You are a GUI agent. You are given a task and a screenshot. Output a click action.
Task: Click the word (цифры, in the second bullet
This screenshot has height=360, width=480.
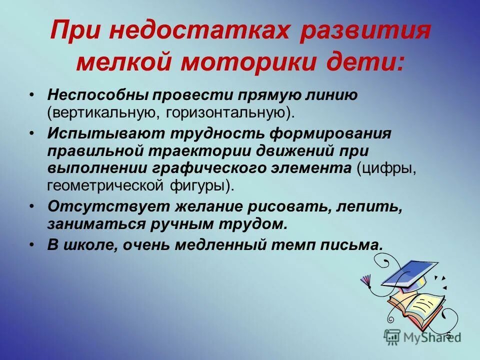386,168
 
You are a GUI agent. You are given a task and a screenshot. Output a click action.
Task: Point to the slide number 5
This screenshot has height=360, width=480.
448,335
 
